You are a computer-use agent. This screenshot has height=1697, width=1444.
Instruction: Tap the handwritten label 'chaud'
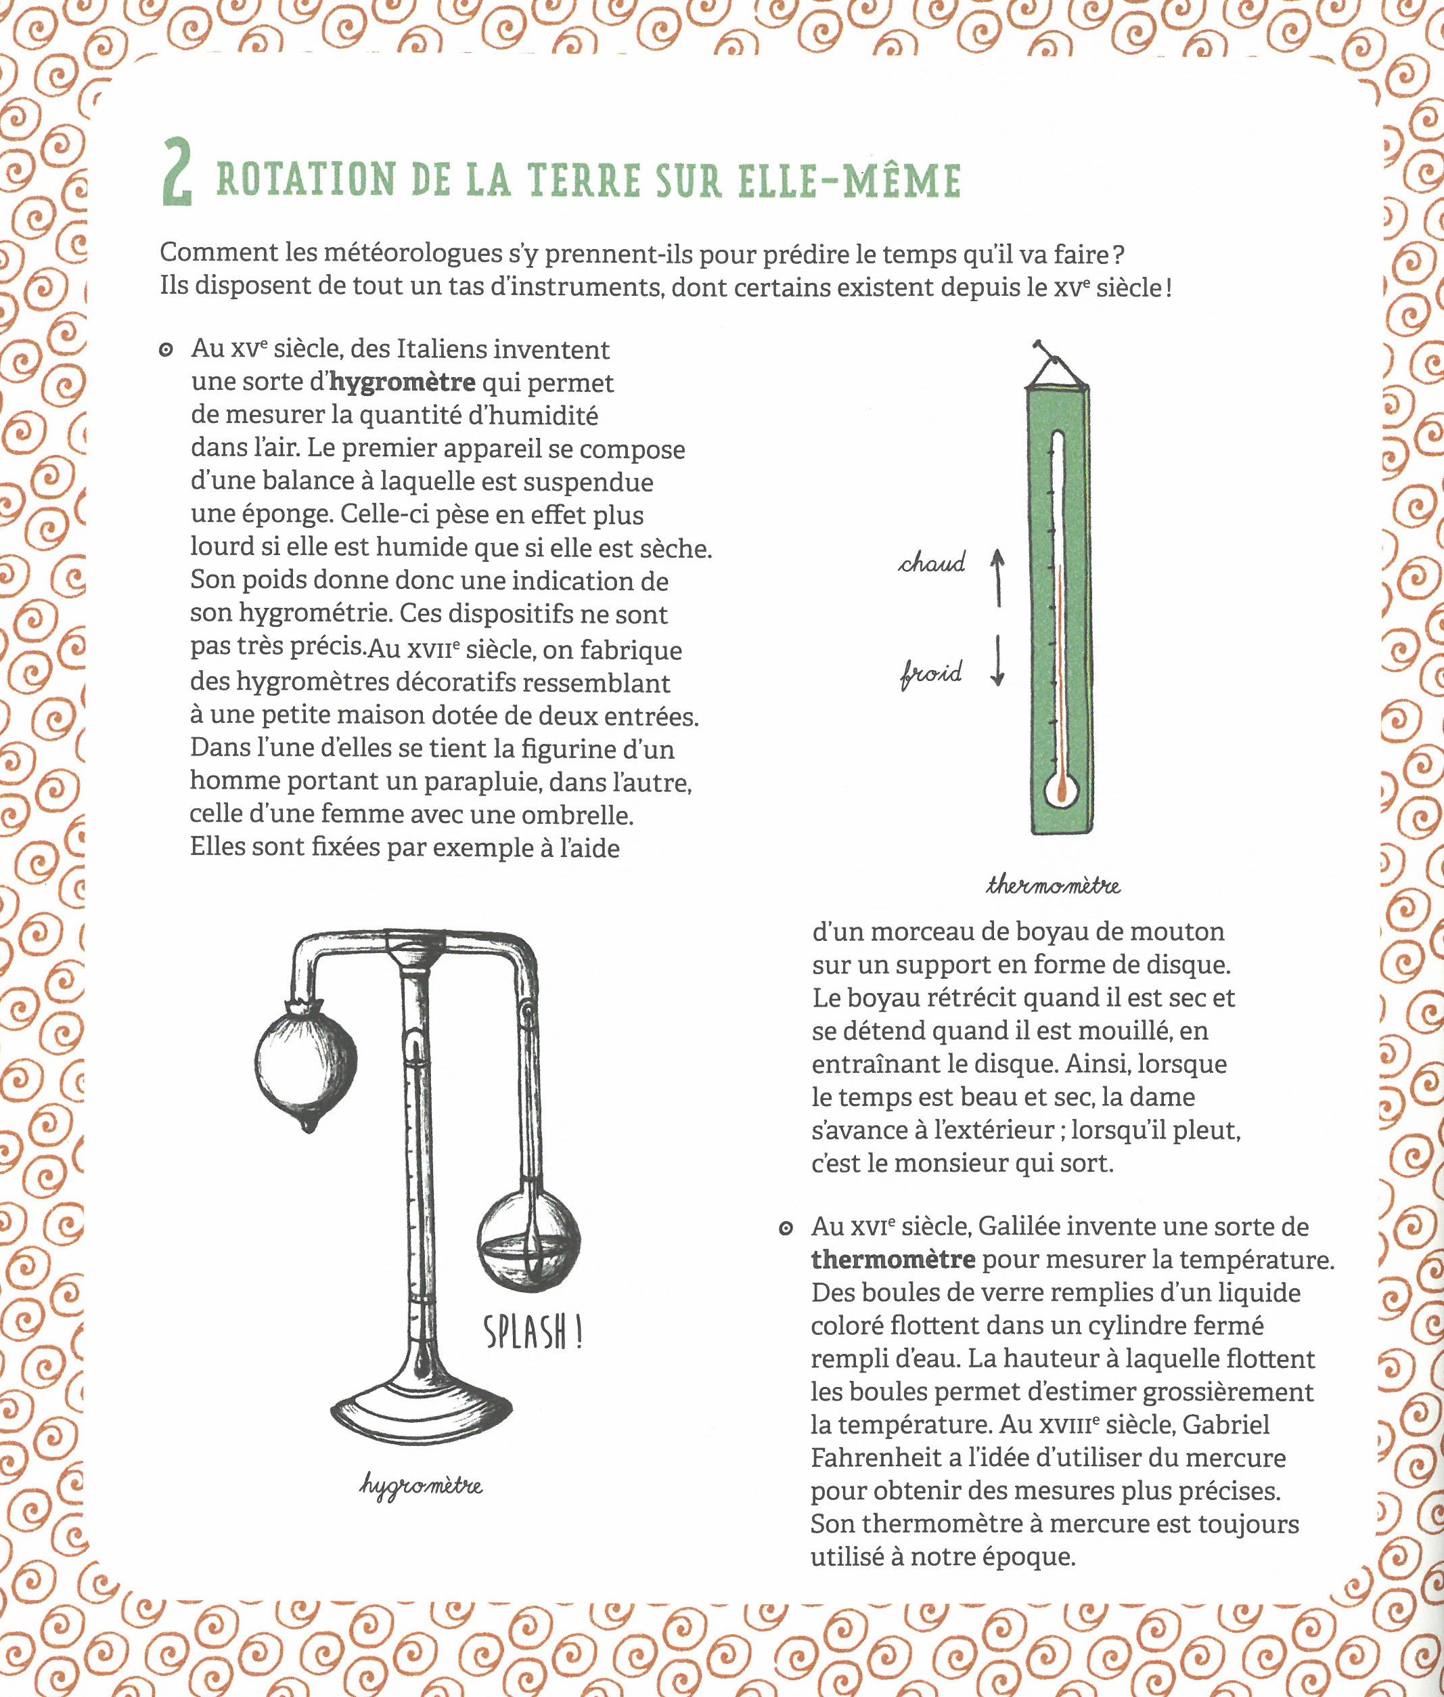932,563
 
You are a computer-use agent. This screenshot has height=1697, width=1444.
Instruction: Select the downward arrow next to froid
997,660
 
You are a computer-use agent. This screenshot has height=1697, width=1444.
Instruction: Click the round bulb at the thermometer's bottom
1061,792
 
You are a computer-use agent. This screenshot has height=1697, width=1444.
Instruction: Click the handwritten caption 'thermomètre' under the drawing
1053,885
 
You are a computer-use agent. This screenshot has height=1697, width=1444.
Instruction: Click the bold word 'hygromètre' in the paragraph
402,382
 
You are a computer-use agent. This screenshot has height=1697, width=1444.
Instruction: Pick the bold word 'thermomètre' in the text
893,1259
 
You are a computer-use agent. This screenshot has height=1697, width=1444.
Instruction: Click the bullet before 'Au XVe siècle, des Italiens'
166,351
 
